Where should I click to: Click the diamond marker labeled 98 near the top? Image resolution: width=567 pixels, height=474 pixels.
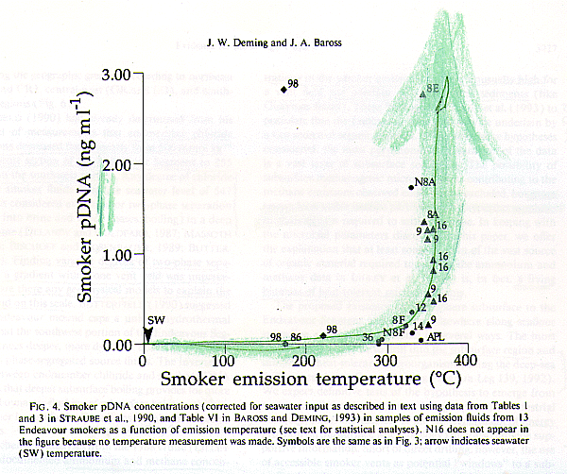click(x=283, y=89)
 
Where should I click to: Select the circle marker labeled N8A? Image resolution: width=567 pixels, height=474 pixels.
click(x=410, y=187)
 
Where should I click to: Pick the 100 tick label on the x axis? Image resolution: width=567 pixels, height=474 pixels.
click(x=223, y=362)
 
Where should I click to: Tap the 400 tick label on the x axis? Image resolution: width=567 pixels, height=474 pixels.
click(x=466, y=362)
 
